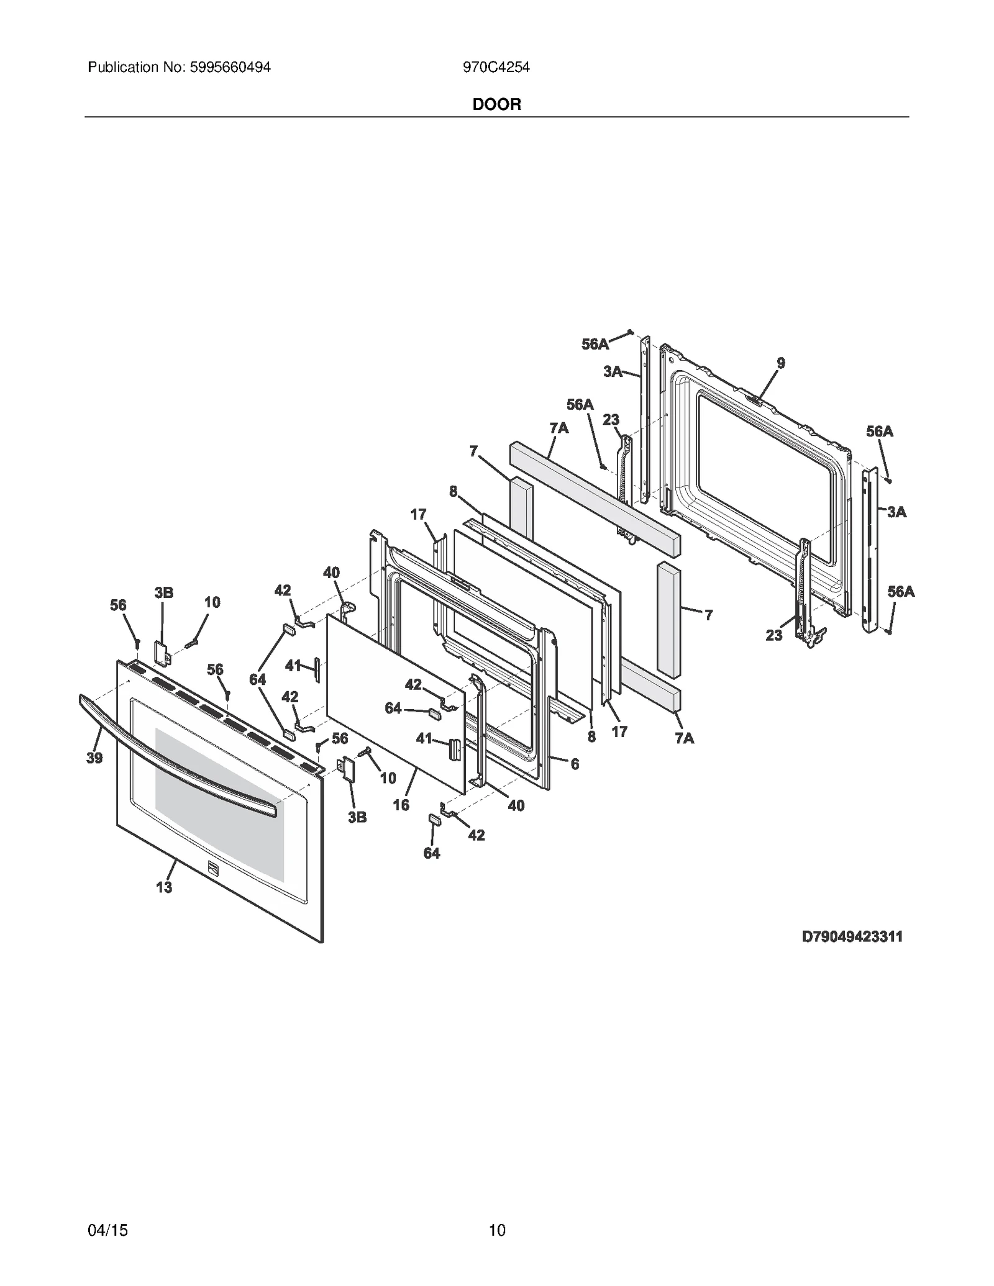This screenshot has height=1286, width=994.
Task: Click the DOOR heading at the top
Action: (496, 104)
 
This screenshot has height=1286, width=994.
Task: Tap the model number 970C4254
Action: (496, 67)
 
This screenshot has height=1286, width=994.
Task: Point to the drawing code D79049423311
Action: (852, 954)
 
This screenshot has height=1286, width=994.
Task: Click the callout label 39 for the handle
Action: (94, 758)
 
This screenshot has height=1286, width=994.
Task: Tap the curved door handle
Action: (180, 758)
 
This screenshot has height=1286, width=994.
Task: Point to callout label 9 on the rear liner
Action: (781, 363)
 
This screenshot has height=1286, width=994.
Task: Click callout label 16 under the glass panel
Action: (401, 805)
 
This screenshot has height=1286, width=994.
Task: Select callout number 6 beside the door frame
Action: (575, 764)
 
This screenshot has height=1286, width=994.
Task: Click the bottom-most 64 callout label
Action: (432, 853)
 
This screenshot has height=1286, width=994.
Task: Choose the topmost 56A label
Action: (595, 344)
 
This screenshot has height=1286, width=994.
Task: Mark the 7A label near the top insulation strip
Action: (559, 428)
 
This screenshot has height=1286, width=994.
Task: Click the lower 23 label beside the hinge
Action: (774, 635)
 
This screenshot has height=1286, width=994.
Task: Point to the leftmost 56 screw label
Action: (118, 605)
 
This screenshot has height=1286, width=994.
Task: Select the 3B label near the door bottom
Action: (357, 817)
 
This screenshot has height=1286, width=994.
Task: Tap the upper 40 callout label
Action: (332, 572)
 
